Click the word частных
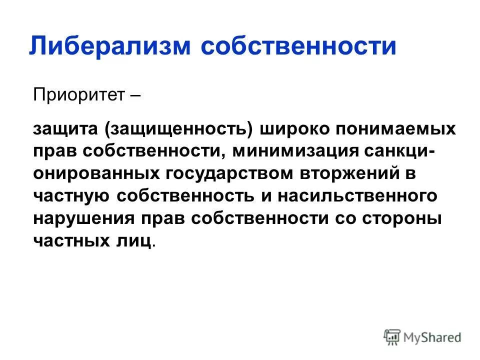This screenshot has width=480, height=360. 68,240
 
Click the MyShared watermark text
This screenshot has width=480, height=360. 432,337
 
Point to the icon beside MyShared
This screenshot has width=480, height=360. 392,337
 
